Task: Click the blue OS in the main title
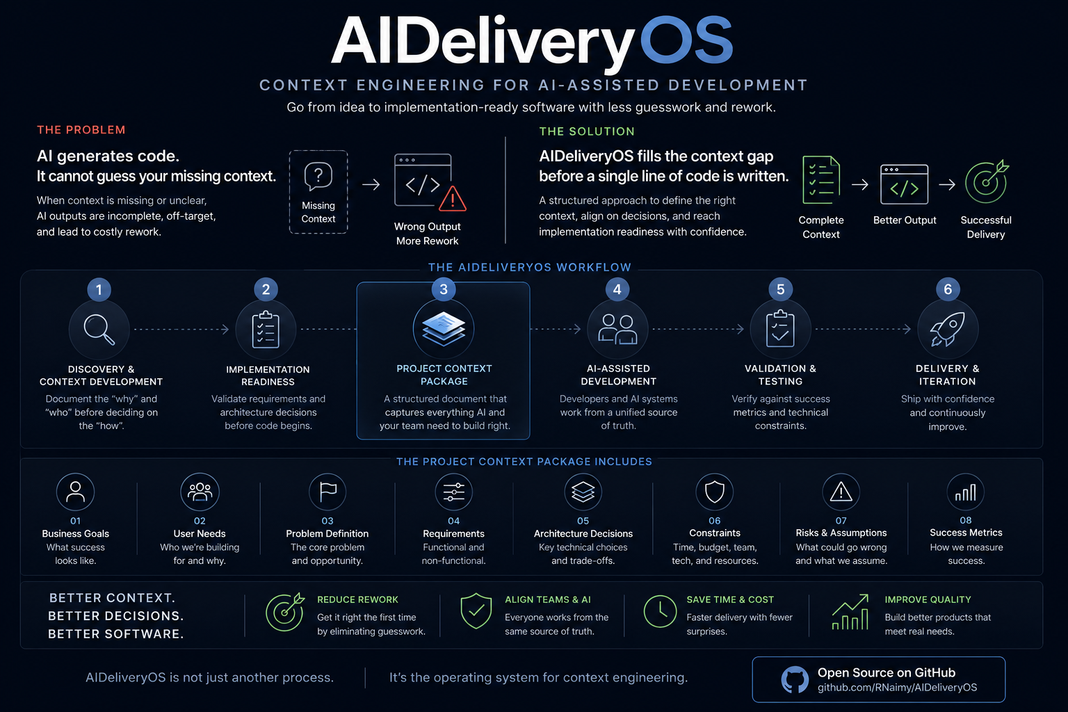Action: click(686, 40)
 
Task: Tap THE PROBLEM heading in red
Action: click(81, 130)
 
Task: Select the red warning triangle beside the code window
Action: click(453, 199)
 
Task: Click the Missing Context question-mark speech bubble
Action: click(318, 176)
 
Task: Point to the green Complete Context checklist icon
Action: click(821, 180)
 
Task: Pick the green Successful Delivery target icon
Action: click(987, 181)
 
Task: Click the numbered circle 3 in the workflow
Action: click(444, 289)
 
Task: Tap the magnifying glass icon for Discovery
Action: click(99, 330)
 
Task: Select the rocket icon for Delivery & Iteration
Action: click(948, 329)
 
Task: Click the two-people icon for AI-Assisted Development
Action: click(617, 329)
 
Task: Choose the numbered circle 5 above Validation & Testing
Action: click(781, 289)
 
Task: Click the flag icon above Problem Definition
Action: click(327, 492)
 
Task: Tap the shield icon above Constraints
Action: click(714, 492)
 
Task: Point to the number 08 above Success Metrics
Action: click(966, 520)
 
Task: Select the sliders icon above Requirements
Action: click(453, 492)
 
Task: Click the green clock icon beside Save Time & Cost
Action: click(660, 611)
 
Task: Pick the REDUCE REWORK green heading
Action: click(357, 599)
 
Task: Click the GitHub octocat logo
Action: click(795, 679)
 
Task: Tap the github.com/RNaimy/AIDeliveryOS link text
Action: click(898, 687)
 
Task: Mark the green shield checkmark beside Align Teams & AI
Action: click(476, 611)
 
